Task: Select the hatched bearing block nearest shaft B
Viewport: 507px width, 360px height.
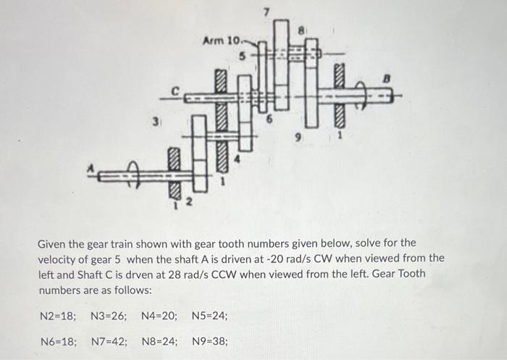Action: (x=339, y=93)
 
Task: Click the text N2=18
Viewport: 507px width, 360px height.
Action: (x=58, y=316)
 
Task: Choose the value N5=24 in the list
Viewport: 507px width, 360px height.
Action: (x=210, y=316)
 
